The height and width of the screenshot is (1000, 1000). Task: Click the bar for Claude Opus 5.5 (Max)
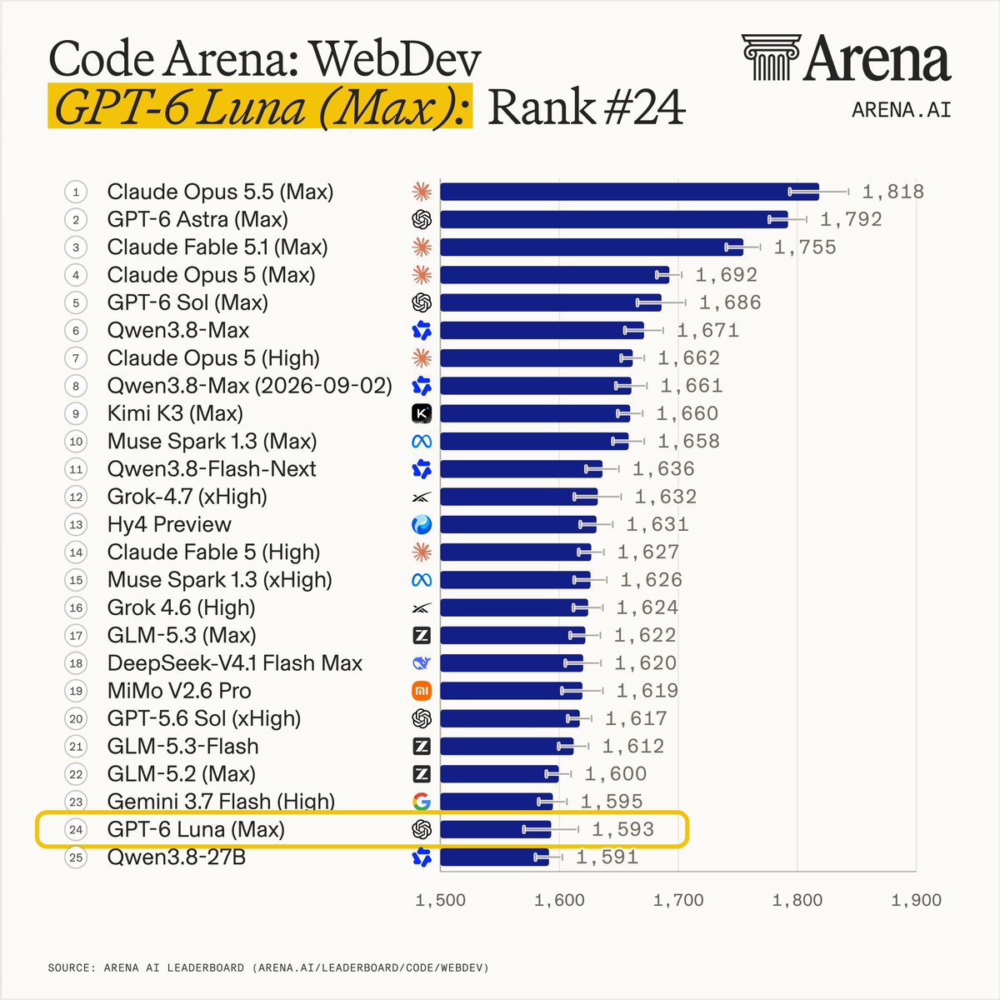tap(629, 192)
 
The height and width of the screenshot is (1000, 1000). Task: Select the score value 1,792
tap(851, 219)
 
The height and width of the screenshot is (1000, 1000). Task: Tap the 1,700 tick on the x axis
tap(678, 900)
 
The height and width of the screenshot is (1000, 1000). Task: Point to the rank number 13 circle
tap(76, 525)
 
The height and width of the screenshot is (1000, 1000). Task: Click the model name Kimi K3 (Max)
tap(175, 413)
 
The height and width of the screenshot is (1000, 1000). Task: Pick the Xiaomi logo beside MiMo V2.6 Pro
tap(422, 691)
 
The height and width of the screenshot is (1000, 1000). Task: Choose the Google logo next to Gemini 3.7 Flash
tap(422, 802)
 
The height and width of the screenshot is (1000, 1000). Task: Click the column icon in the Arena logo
tap(771, 57)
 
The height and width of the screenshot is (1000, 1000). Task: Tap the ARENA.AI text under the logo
tap(902, 110)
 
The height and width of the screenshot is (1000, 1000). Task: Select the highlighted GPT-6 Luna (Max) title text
tap(260, 107)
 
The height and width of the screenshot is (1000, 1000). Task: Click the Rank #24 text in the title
tap(587, 107)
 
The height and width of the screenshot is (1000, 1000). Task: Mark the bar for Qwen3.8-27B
tap(494, 857)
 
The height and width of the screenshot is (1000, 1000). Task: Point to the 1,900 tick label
tap(917, 900)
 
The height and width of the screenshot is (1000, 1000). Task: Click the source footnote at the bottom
tap(268, 967)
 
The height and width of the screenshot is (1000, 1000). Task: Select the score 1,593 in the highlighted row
tap(622, 829)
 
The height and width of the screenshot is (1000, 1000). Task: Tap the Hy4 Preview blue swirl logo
tap(422, 525)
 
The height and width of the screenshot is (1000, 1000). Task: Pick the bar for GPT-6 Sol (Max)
tap(551, 302)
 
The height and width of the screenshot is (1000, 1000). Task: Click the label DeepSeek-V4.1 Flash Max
tap(234, 663)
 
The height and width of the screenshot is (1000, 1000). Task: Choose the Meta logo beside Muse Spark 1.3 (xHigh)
tap(422, 580)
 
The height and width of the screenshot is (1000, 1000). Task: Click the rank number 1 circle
tap(76, 192)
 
